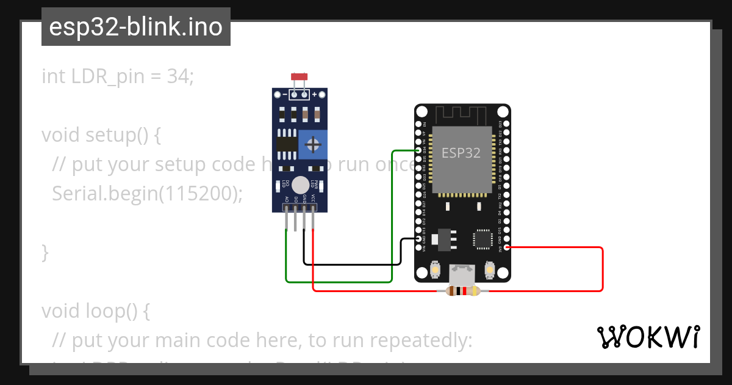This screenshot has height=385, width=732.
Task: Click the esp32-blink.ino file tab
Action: click(135, 27)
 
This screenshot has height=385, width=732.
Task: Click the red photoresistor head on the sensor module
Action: click(299, 76)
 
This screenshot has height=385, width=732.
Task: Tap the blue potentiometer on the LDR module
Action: click(314, 145)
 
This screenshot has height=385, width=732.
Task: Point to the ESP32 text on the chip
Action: click(461, 153)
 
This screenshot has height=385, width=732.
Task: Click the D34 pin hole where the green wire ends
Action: click(419, 150)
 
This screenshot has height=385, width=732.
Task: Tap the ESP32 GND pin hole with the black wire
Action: click(419, 239)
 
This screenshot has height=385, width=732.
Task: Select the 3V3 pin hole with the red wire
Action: click(506, 248)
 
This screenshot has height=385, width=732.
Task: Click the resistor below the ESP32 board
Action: click(463, 291)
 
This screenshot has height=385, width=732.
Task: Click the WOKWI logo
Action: click(648, 337)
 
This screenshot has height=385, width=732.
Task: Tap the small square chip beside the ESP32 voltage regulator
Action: click(483, 238)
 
